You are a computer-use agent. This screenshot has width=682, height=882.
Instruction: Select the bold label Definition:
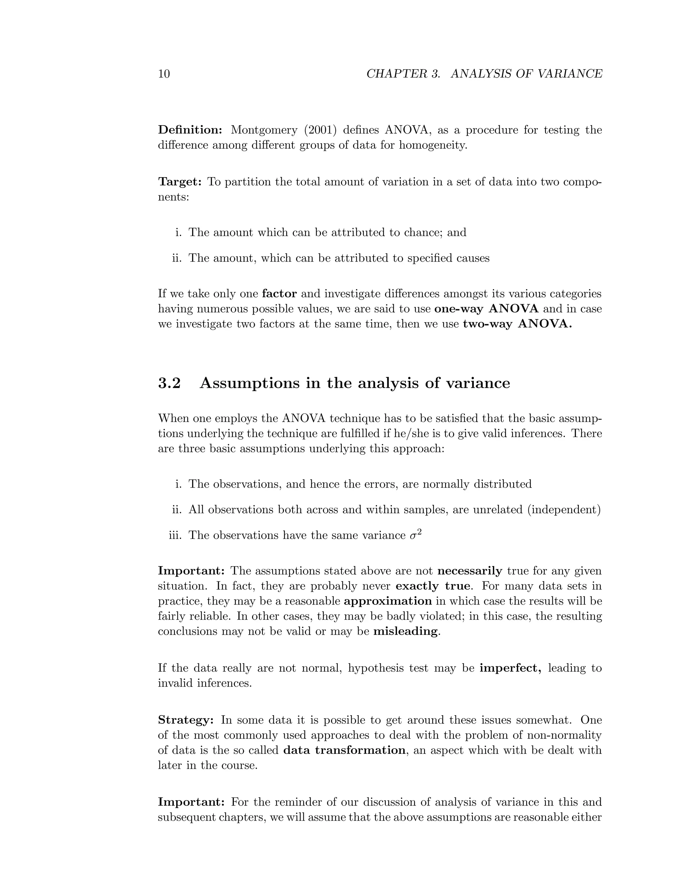pos(190,130)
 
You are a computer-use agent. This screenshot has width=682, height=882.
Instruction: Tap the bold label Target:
pos(180,182)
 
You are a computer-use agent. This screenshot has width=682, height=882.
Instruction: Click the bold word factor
pos(279,294)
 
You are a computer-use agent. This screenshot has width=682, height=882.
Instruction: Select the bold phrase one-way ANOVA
pos(487,309)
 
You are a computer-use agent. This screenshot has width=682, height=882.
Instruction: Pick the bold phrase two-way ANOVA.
pos(517,324)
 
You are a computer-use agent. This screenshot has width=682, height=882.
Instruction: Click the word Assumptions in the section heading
pos(250,383)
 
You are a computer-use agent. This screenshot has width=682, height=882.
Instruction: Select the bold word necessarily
pos(470,571)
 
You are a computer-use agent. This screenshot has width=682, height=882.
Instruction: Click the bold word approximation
pos(388,601)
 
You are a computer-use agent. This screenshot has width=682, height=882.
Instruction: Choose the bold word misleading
pos(405,631)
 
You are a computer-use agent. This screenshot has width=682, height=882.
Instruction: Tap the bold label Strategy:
pos(185,720)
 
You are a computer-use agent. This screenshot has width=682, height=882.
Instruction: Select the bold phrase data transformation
pos(344,750)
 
